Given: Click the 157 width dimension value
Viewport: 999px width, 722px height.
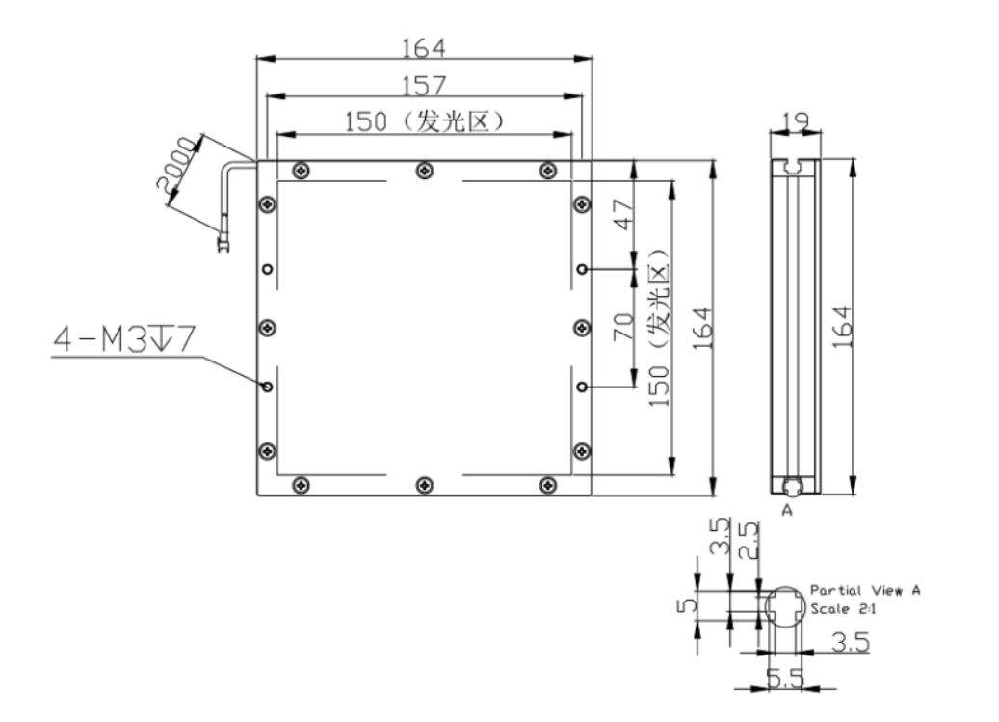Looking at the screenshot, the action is pos(424,85).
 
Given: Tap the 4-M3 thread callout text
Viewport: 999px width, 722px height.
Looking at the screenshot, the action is pos(124,338).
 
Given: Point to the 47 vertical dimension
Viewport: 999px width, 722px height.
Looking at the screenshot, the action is pos(623,214).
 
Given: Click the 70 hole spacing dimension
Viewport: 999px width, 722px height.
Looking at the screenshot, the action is pos(623,326).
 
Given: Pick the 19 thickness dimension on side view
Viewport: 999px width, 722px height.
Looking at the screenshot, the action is pos(795,120).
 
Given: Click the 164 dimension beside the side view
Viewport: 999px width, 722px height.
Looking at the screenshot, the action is pos(842,326).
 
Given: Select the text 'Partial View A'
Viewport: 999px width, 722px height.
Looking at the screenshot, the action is pos(865,590).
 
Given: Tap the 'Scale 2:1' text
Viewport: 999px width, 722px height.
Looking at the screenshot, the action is pos(843,608).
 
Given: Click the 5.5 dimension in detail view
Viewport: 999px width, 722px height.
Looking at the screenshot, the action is pos(785,678).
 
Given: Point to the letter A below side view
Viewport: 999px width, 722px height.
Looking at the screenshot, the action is pos(787,511).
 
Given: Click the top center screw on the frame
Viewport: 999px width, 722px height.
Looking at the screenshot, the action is pos(424,171).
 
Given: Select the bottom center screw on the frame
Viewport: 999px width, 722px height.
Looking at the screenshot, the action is pos(424,486).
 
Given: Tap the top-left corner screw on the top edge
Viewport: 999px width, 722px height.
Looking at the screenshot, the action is pos(301,171).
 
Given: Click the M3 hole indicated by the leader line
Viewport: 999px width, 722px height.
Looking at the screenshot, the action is pos(268,387).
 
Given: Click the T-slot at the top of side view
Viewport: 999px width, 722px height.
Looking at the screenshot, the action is pos(793,167).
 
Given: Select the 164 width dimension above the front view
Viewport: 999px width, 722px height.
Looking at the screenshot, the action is pos(424,47).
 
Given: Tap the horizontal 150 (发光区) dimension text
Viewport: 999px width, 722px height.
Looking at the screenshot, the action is pos(424,121).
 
